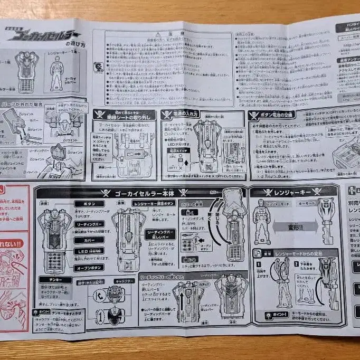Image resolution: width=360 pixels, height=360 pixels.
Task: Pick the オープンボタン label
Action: tap(88, 266)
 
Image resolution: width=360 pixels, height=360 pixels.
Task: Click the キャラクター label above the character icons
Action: tap(121, 282)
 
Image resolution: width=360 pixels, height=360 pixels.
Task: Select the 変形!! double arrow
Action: tap(295, 227)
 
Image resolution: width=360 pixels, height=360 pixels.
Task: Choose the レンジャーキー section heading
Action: tap(293, 191)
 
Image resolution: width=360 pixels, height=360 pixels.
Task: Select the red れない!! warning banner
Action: tap(12, 244)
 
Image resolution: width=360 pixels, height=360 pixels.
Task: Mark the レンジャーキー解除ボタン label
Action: tap(154, 203)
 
